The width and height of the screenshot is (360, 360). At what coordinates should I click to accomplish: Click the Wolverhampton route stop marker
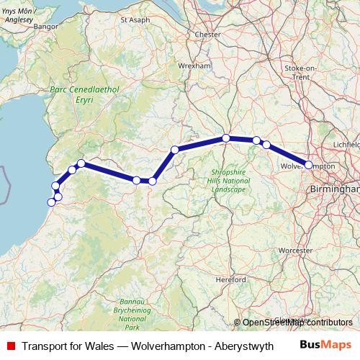pos(309,165)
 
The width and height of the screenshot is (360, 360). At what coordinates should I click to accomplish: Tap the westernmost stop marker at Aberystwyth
pos(51,202)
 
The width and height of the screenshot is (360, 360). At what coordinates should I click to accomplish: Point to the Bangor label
pos(45,27)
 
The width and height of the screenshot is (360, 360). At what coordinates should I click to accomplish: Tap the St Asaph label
pos(134,19)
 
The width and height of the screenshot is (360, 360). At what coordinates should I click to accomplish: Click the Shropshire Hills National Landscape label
pos(230,180)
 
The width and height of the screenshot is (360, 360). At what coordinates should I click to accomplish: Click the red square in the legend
pos(10,346)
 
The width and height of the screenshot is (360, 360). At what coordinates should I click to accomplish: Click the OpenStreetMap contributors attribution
pos(297,323)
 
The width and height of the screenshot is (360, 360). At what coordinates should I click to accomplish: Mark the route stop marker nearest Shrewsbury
pos(226,138)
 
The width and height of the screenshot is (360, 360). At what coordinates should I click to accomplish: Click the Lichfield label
pos(347,145)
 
